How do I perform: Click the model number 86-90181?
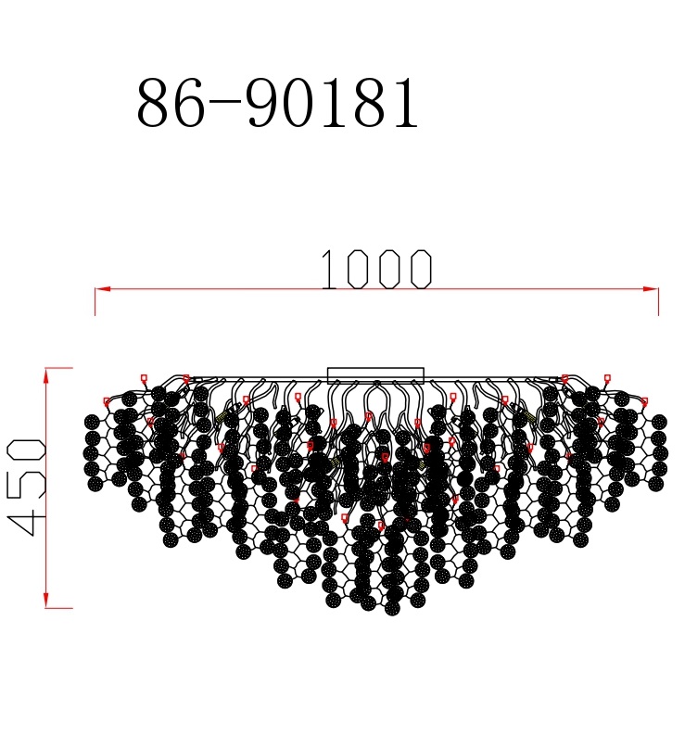pyautogui.click(x=278, y=103)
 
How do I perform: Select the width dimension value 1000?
pyautogui.click(x=375, y=270)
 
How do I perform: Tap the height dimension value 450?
pyautogui.click(x=28, y=487)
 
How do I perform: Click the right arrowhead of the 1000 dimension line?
pyautogui.click(x=652, y=288)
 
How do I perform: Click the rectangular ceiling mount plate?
pyautogui.click(x=375, y=375)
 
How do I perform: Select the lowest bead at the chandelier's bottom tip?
pyautogui.click(x=392, y=609)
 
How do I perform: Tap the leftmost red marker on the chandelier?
pyautogui.click(x=107, y=401)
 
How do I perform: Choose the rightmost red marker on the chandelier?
pyautogui.click(x=644, y=401)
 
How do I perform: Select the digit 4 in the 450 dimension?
pyautogui.click(x=28, y=519)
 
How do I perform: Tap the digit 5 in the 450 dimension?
pyautogui.click(x=28, y=487)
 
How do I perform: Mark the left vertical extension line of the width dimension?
pyautogui.click(x=95, y=302)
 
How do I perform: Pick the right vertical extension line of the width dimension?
pyautogui.click(x=658, y=302)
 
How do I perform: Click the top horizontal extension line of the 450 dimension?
pyautogui.click(x=58, y=368)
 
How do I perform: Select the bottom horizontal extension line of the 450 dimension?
pyautogui.click(x=58, y=608)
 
